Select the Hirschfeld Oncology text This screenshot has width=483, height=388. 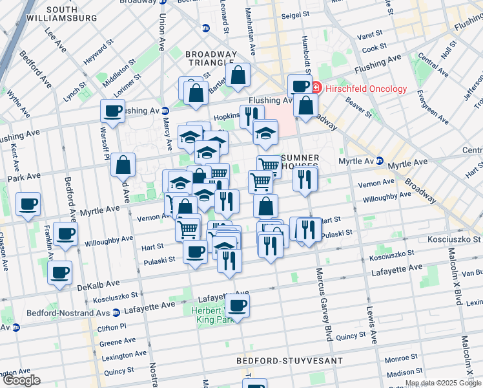pos(366,89)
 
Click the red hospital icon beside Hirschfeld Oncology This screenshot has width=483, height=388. pos(316,89)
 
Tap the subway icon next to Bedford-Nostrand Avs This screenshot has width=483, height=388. pos(116,313)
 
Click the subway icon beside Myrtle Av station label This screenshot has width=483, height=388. pos(380,161)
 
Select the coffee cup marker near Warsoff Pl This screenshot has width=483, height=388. pos(112,111)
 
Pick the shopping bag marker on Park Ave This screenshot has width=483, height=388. pos(123,165)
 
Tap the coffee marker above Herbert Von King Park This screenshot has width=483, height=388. pos(237,305)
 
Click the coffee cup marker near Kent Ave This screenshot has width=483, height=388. pos(28,205)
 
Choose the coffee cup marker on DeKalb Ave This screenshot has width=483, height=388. pos(59,273)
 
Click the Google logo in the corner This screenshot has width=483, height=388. pos(21,380)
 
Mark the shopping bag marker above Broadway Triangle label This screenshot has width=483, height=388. pos(238,75)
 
